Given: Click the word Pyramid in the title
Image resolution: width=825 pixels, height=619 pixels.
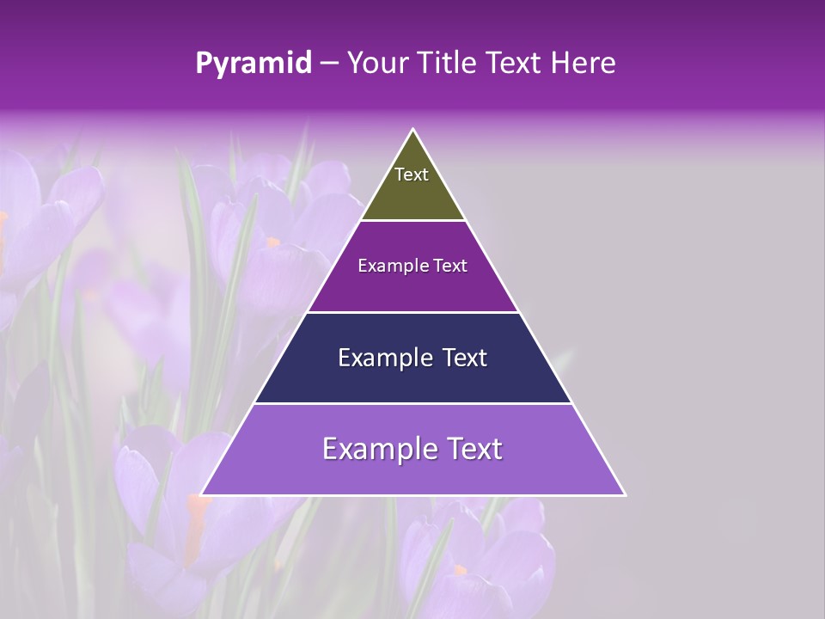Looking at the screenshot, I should pos(254,64).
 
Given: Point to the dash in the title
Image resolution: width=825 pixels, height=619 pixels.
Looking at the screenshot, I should pos(329,64).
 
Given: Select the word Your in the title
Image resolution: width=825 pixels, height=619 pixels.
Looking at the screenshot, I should pos(376,64).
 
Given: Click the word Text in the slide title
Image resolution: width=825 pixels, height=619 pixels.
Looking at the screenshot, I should pos(513,64).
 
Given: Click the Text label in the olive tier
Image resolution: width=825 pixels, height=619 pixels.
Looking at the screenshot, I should pos(412,175).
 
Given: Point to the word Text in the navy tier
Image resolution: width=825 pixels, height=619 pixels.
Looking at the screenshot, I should pos(465,358).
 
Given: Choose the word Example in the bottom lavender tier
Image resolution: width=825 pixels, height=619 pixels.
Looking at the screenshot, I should pos(376,449).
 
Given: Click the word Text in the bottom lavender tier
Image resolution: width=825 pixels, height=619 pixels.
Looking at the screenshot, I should pos(472,449).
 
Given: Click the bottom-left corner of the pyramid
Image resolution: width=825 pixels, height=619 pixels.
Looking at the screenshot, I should pos(202,494).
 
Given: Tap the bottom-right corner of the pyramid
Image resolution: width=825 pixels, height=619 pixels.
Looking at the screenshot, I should pos(625,494).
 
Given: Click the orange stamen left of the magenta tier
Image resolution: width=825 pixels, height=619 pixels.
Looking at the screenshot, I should pos(273,242).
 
